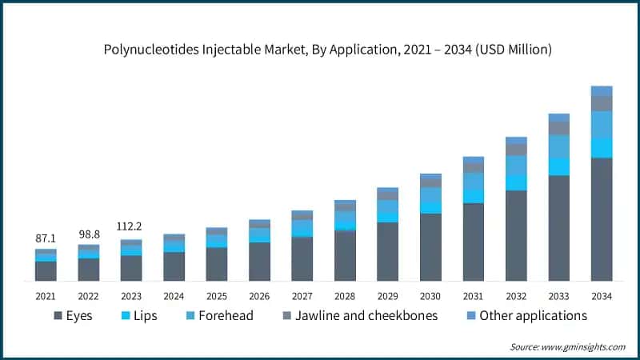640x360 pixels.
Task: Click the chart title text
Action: pos(328,50)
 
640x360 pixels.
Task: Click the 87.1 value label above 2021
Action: pos(46,238)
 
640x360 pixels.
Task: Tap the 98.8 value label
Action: pos(88,233)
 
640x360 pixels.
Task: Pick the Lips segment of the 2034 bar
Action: pos(602,147)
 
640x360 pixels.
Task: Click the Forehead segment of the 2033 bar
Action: pos(559,146)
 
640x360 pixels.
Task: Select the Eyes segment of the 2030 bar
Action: pos(430,247)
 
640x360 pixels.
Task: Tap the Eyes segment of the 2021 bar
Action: pos(46,271)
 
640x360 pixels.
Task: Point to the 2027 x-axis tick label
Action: pos(302,296)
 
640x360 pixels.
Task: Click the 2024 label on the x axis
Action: pos(174,296)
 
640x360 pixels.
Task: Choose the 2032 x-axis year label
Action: pos(516,296)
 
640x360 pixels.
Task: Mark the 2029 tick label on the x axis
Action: pos(388,296)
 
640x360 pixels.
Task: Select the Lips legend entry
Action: pos(136,315)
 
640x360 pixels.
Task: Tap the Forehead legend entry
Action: pos(219,315)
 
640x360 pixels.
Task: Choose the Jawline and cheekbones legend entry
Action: pos(355,315)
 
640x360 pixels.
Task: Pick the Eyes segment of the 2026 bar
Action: pos(259,261)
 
